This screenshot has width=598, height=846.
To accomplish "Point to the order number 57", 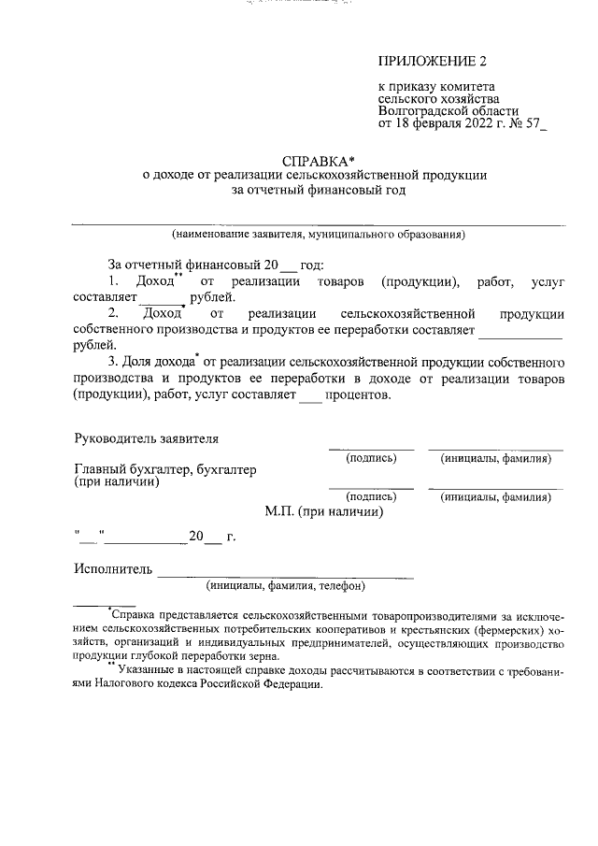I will tap(534, 123).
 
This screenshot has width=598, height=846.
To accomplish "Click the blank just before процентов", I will tap(309, 395).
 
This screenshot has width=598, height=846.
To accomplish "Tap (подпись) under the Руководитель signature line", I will tap(371, 459).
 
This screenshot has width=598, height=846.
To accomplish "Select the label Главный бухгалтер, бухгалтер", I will tap(164, 470).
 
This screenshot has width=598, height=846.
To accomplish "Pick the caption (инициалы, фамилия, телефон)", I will tap(285, 587).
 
